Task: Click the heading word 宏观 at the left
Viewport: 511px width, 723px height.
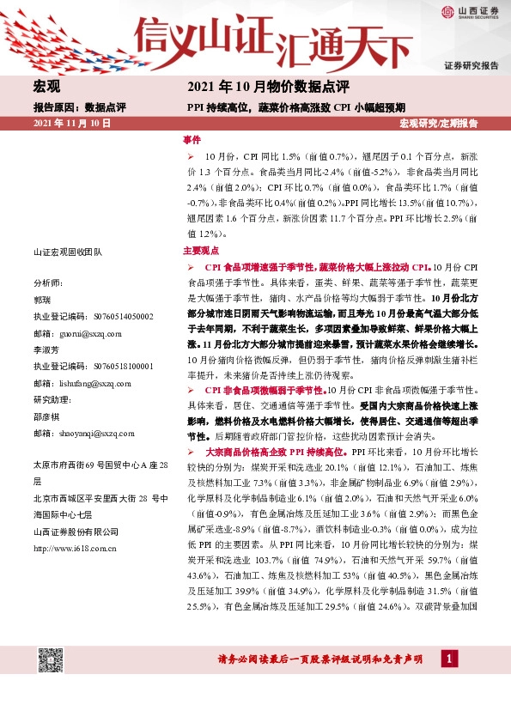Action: coord(46,88)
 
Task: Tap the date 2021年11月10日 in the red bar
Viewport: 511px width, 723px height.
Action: coord(73,125)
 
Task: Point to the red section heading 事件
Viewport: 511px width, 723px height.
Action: coord(192,139)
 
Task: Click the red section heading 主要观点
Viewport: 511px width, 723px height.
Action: coord(200,252)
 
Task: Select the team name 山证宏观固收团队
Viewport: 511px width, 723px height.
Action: coord(67,252)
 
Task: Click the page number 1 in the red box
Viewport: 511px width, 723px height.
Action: coord(447,659)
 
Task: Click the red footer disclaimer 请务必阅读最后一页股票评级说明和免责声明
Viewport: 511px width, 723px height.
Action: coord(319,659)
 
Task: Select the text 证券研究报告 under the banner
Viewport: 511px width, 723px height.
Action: coord(471,65)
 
